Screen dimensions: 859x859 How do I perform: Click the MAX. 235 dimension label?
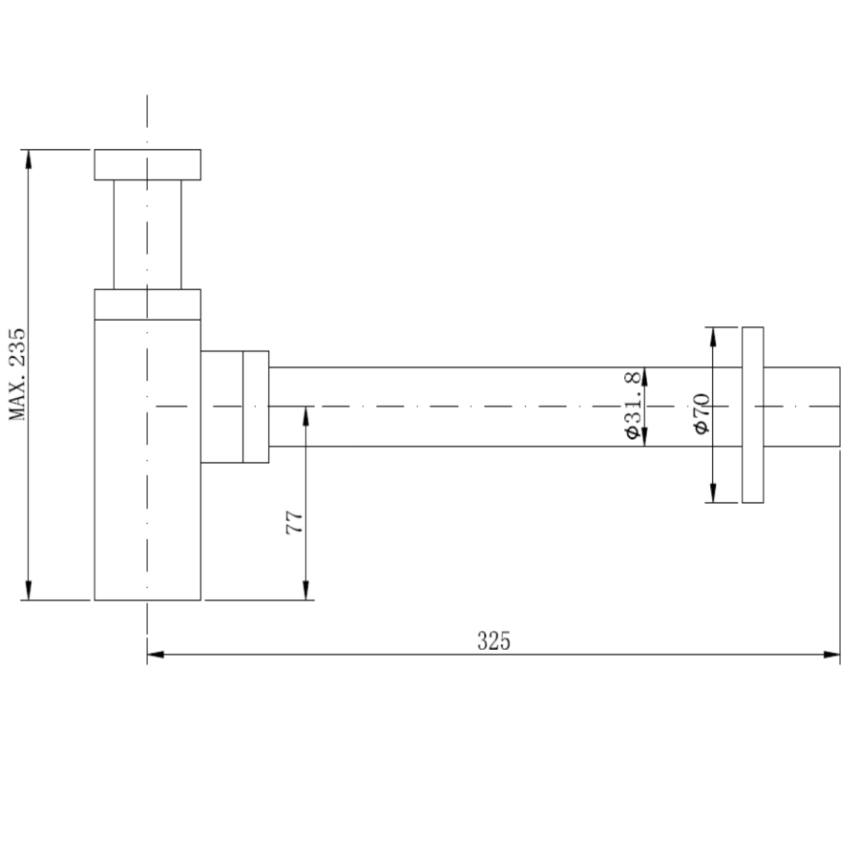(17, 374)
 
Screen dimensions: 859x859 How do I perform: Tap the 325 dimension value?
(493, 640)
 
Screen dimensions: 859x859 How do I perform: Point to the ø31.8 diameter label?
(631, 406)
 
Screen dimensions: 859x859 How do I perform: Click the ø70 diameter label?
(702, 412)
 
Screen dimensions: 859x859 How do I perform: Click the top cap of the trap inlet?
(147, 164)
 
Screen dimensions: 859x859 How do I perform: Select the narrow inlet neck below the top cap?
(147, 234)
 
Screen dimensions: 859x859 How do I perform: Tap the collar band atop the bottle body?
(147, 304)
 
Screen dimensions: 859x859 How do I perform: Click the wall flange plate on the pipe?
(753, 414)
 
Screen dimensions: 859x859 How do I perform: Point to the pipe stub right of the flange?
(802, 407)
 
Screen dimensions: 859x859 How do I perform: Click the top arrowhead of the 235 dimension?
(29, 157)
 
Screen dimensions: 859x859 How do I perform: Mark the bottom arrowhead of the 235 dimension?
(29, 592)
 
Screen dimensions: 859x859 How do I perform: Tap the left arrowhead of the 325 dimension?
(155, 655)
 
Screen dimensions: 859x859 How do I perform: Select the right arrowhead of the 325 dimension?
(832, 655)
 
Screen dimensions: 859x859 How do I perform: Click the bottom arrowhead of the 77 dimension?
(306, 592)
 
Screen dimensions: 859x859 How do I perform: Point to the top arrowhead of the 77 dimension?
(306, 414)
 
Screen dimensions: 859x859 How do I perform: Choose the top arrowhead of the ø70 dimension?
(712, 335)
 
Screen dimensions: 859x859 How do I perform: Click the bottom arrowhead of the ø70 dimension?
(712, 493)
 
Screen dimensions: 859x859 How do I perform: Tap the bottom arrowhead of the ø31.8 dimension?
(644, 438)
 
